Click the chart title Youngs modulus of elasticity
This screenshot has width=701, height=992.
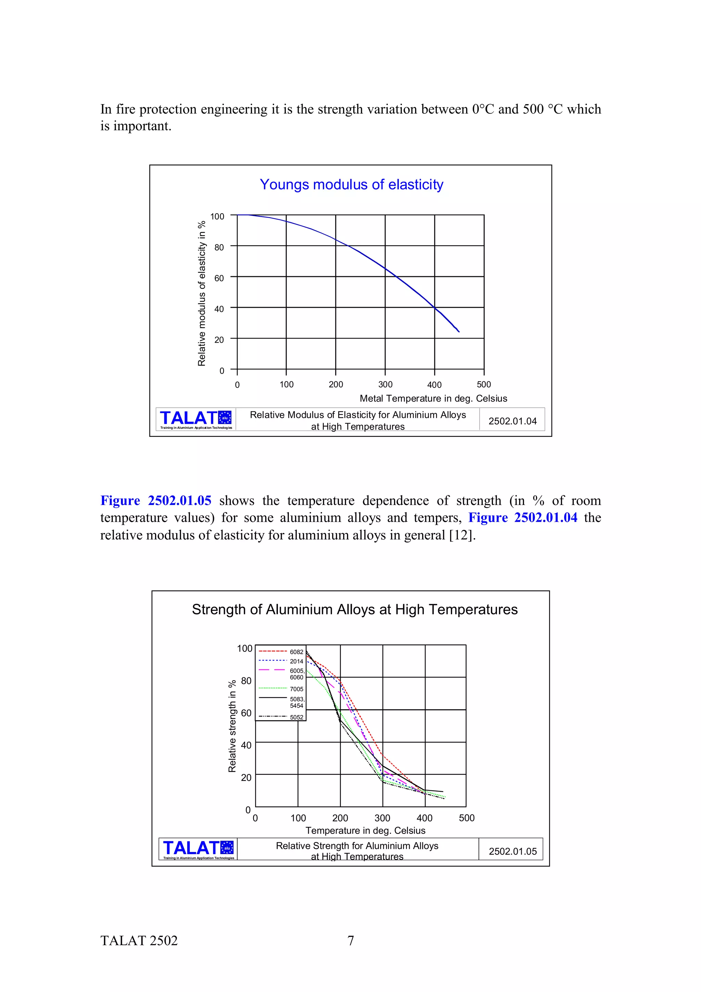point(351,185)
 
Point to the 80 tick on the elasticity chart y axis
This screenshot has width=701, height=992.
point(219,247)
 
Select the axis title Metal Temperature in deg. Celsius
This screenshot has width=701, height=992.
point(433,398)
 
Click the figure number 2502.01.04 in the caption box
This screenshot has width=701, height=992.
point(512,421)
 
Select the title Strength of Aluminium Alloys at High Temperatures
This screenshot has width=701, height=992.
point(355,609)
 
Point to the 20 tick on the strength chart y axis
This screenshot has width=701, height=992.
point(246,778)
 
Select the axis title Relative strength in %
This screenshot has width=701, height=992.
point(232,726)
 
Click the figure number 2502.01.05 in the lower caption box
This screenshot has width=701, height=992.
point(513,851)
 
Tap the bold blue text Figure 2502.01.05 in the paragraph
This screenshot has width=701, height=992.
point(156,500)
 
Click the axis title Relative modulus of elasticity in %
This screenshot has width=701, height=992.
point(202,293)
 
